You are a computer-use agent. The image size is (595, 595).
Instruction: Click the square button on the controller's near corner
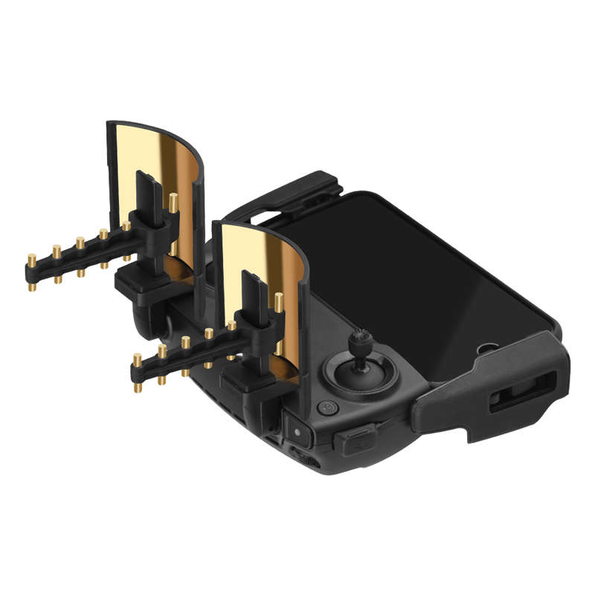pyautogui.click(x=297, y=431)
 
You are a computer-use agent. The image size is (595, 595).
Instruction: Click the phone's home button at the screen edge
pyautogui.click(x=489, y=347)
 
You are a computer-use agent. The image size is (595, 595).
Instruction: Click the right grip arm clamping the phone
pyautogui.click(x=476, y=387)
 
